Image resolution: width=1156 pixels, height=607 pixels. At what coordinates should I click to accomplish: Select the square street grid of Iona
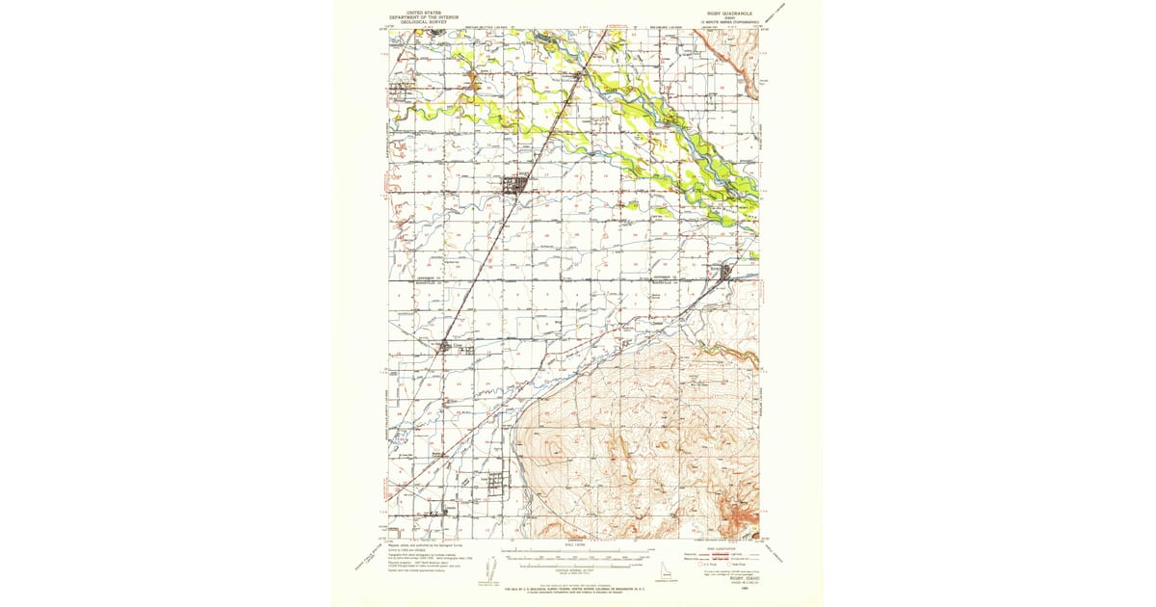(x=494, y=481)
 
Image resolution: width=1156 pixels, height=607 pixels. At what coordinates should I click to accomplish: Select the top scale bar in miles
(x=575, y=553)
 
